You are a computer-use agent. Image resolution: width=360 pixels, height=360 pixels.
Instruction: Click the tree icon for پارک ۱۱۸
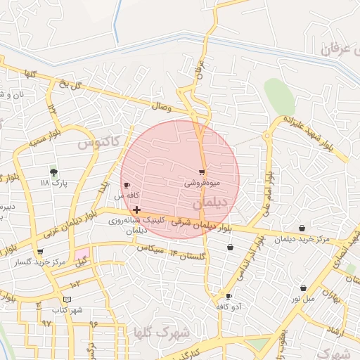(x=53, y=171)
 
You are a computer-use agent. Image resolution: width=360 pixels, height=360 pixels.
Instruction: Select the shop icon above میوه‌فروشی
(x=202, y=172)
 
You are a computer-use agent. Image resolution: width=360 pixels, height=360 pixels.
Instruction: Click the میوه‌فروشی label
(x=202, y=183)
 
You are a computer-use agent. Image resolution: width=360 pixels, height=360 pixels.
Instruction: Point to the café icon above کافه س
(x=127, y=185)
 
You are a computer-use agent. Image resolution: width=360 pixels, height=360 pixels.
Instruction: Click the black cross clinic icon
(x=136, y=210)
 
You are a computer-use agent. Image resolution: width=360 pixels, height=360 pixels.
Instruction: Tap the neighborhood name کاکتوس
(x=95, y=144)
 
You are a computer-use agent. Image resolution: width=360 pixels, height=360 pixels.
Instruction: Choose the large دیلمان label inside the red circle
(x=210, y=202)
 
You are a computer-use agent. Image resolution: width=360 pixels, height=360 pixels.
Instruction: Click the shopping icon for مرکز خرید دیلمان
(x=302, y=228)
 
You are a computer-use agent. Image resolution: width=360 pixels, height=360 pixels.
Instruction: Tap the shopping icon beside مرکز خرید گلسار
(x=39, y=252)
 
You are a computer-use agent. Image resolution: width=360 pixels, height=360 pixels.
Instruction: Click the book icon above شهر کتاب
(x=67, y=300)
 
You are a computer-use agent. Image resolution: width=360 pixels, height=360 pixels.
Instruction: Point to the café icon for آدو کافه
(x=229, y=296)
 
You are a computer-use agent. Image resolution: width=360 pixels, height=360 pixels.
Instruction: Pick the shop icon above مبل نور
(x=303, y=288)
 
